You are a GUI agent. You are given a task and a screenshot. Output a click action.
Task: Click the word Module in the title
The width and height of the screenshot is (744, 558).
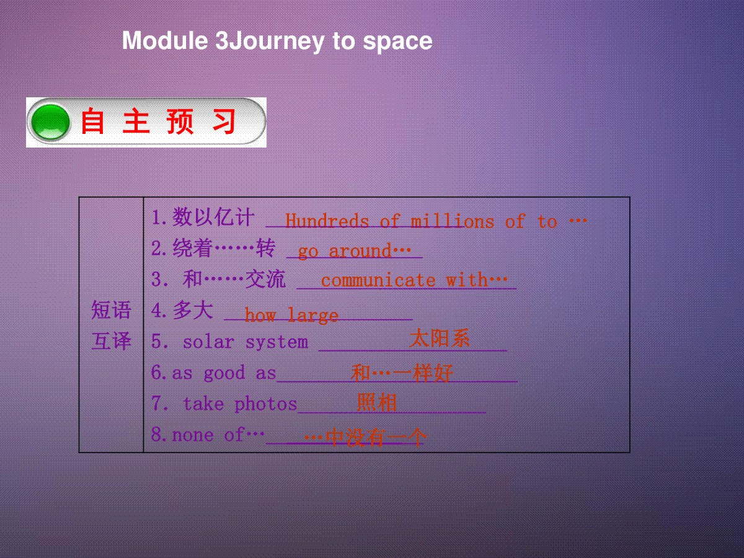pos(165,41)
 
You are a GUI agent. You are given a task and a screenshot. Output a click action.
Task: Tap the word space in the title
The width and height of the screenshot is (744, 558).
pos(397,43)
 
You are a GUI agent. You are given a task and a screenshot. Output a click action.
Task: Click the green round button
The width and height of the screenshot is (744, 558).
pos(50,122)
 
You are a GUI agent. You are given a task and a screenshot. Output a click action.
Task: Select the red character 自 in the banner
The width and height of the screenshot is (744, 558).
pos(92,122)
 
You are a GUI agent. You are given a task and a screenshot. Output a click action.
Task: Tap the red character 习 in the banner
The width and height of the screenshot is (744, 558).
pos(224,122)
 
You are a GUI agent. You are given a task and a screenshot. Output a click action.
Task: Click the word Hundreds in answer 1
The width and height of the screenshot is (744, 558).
pos(327,221)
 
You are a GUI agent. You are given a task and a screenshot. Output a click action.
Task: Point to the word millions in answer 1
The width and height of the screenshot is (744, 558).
pos(452,221)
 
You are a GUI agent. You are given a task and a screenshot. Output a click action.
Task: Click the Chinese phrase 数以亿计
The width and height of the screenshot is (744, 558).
pos(213,217)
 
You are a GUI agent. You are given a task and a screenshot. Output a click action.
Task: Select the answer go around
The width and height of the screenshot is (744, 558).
pos(354,251)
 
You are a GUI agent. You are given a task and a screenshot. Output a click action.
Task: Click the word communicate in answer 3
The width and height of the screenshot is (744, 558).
pos(378,280)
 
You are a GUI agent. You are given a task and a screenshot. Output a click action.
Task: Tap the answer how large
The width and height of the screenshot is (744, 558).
pos(291,316)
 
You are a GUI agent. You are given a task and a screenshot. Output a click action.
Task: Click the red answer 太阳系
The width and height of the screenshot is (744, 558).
pos(440,338)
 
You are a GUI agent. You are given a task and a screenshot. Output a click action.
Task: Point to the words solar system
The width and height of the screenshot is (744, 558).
pos(246,342)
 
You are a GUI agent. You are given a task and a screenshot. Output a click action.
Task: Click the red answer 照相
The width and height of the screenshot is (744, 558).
pos(376,402)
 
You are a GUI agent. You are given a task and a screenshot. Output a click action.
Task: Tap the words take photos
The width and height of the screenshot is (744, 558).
pos(240,404)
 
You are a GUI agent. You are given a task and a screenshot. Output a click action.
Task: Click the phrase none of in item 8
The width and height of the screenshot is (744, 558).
pos(208,435)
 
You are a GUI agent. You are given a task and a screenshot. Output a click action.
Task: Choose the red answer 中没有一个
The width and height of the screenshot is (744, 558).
pos(375,437)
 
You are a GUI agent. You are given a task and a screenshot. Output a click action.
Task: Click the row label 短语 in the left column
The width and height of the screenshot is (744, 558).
pos(111,309)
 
